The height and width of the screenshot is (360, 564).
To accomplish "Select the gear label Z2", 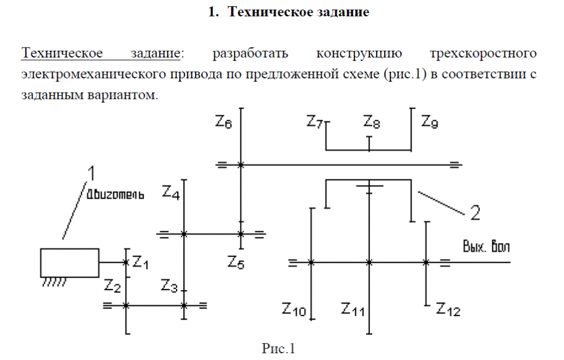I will tap(113, 287).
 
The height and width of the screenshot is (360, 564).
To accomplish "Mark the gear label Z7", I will tap(315, 122).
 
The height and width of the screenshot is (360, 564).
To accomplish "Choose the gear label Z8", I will tap(372, 122).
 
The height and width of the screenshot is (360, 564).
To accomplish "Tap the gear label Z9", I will tap(430, 122).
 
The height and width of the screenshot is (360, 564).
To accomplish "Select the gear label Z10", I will tap(294, 309).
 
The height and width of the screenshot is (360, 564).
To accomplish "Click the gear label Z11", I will tap(353, 309).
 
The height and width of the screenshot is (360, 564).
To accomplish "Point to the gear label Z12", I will tap(448, 309).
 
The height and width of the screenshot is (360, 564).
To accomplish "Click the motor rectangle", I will tap(70, 262).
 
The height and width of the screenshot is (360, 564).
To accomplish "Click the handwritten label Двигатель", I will tap(115, 195).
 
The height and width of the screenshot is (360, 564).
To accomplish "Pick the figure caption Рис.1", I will tap(279, 348).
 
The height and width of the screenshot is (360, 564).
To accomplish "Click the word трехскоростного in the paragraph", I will tap(482, 54).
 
